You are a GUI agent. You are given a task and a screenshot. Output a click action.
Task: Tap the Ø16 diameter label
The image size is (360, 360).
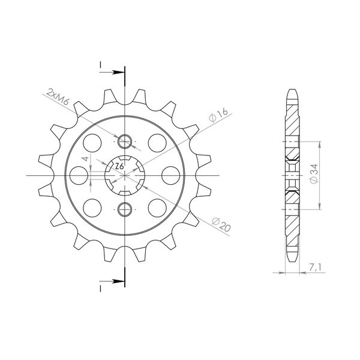(218, 115)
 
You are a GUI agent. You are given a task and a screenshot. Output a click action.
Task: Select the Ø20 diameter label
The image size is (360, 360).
(221, 224)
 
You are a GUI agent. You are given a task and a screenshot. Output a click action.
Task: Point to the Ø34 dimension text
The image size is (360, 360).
(314, 173)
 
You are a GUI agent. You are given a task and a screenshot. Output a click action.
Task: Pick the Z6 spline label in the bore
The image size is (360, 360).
(119, 166)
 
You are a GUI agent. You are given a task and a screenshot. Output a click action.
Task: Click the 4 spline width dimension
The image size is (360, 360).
(85, 158)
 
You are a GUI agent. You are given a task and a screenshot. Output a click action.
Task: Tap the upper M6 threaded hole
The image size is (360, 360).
(125, 142)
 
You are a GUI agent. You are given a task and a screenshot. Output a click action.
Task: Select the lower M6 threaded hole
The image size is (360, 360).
(125, 209)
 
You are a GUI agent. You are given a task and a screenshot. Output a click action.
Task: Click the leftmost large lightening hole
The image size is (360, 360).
(79, 175)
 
